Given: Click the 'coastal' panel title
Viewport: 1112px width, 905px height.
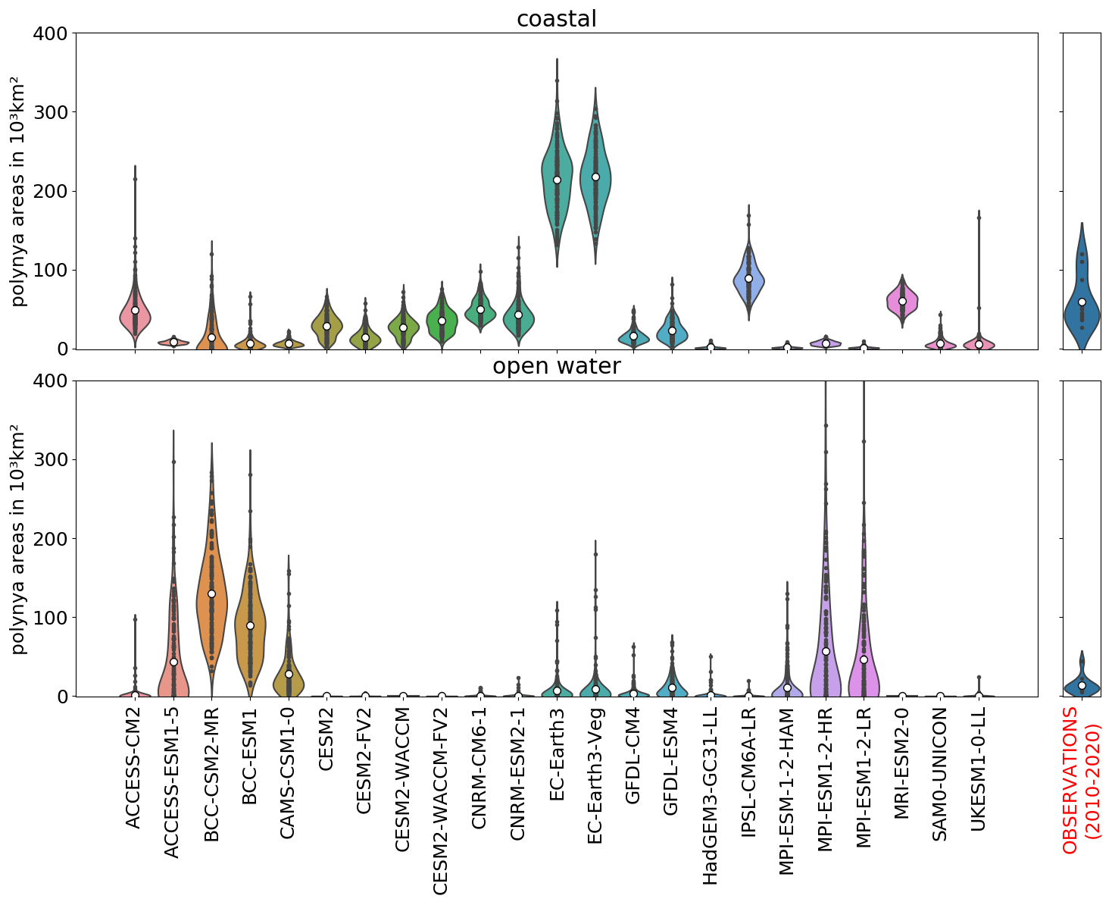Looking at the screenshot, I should click(556, 19).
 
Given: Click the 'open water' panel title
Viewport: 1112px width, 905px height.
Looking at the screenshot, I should click(556, 366).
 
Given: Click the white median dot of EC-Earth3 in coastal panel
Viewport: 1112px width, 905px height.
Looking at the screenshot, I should click(557, 180).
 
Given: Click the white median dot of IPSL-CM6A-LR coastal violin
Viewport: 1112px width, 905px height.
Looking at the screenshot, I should click(748, 278).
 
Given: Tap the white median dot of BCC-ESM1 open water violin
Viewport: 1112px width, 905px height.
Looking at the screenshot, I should click(250, 625).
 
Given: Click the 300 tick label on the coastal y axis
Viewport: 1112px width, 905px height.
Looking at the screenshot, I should click(52, 112).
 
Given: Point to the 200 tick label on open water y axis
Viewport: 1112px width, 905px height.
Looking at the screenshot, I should click(52, 539).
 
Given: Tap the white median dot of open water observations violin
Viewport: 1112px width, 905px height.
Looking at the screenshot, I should click(1082, 685).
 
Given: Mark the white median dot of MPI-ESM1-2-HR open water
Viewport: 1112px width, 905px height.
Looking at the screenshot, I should click(826, 651).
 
